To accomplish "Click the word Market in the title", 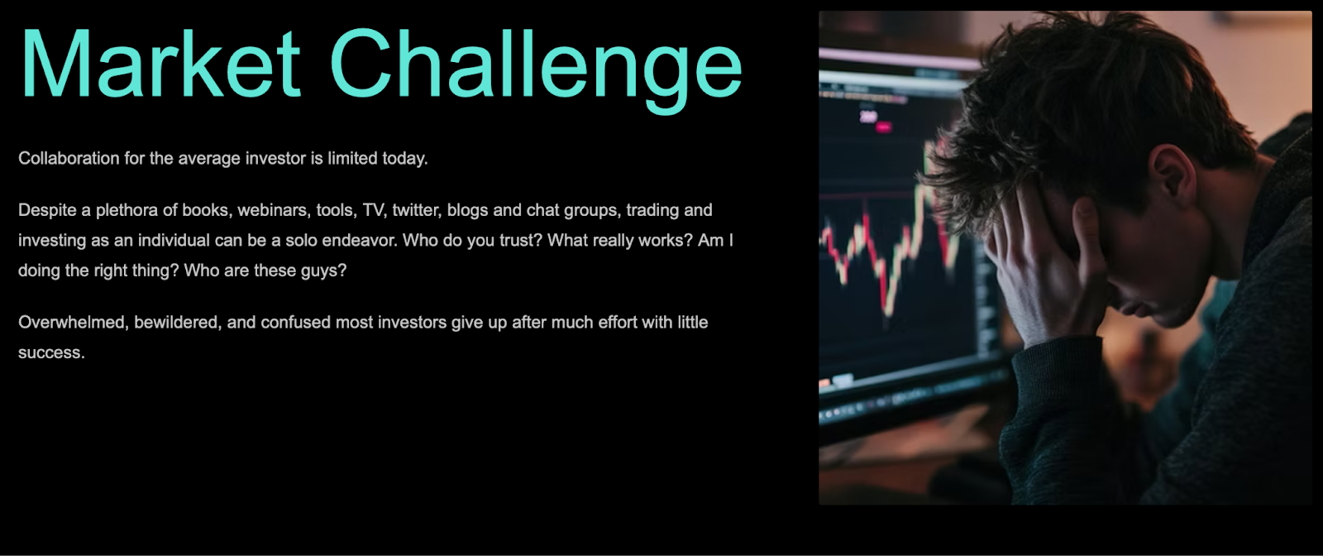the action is (160, 63).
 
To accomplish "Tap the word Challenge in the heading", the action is (536, 69).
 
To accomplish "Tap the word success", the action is (51, 352).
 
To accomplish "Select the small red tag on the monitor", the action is (883, 127).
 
